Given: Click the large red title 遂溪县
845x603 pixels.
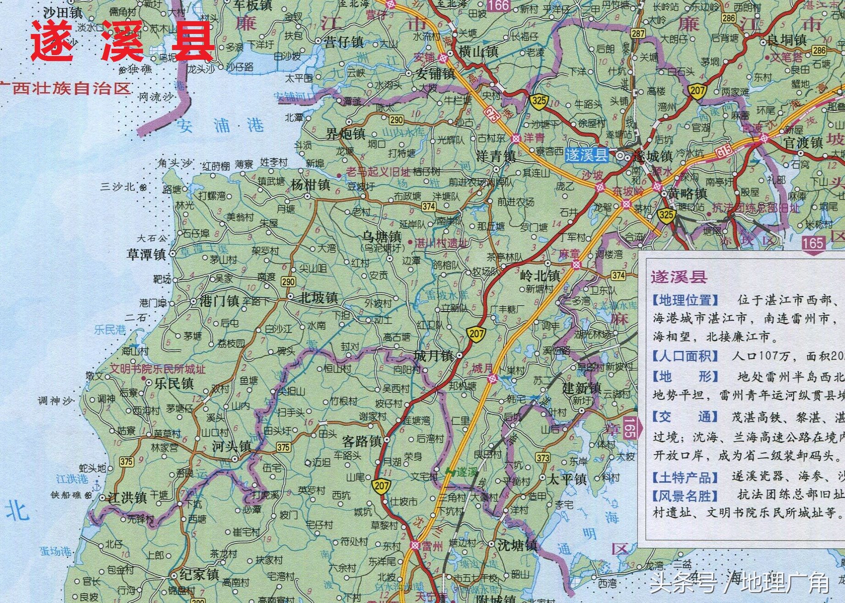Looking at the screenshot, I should tap(123, 41).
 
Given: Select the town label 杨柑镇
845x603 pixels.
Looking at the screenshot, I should tap(310, 185).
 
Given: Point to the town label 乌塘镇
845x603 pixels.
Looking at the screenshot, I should tap(382, 237).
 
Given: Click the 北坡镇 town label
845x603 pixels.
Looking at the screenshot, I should tap(319, 298).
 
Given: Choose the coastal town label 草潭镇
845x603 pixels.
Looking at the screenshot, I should tap(146, 254).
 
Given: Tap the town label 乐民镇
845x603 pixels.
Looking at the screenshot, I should tap(173, 383).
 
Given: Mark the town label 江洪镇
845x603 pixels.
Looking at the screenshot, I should tap(127, 497).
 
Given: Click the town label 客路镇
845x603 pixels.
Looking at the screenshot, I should tap(362, 441).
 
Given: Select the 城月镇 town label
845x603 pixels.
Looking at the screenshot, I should tap(433, 355).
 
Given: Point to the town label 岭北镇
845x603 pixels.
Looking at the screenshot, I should tap(540, 276).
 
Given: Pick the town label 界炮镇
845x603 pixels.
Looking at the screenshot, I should tap(345, 134).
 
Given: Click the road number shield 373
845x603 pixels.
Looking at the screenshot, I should tap(543, 457).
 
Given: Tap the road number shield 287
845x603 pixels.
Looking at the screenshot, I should tap(638, 33).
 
